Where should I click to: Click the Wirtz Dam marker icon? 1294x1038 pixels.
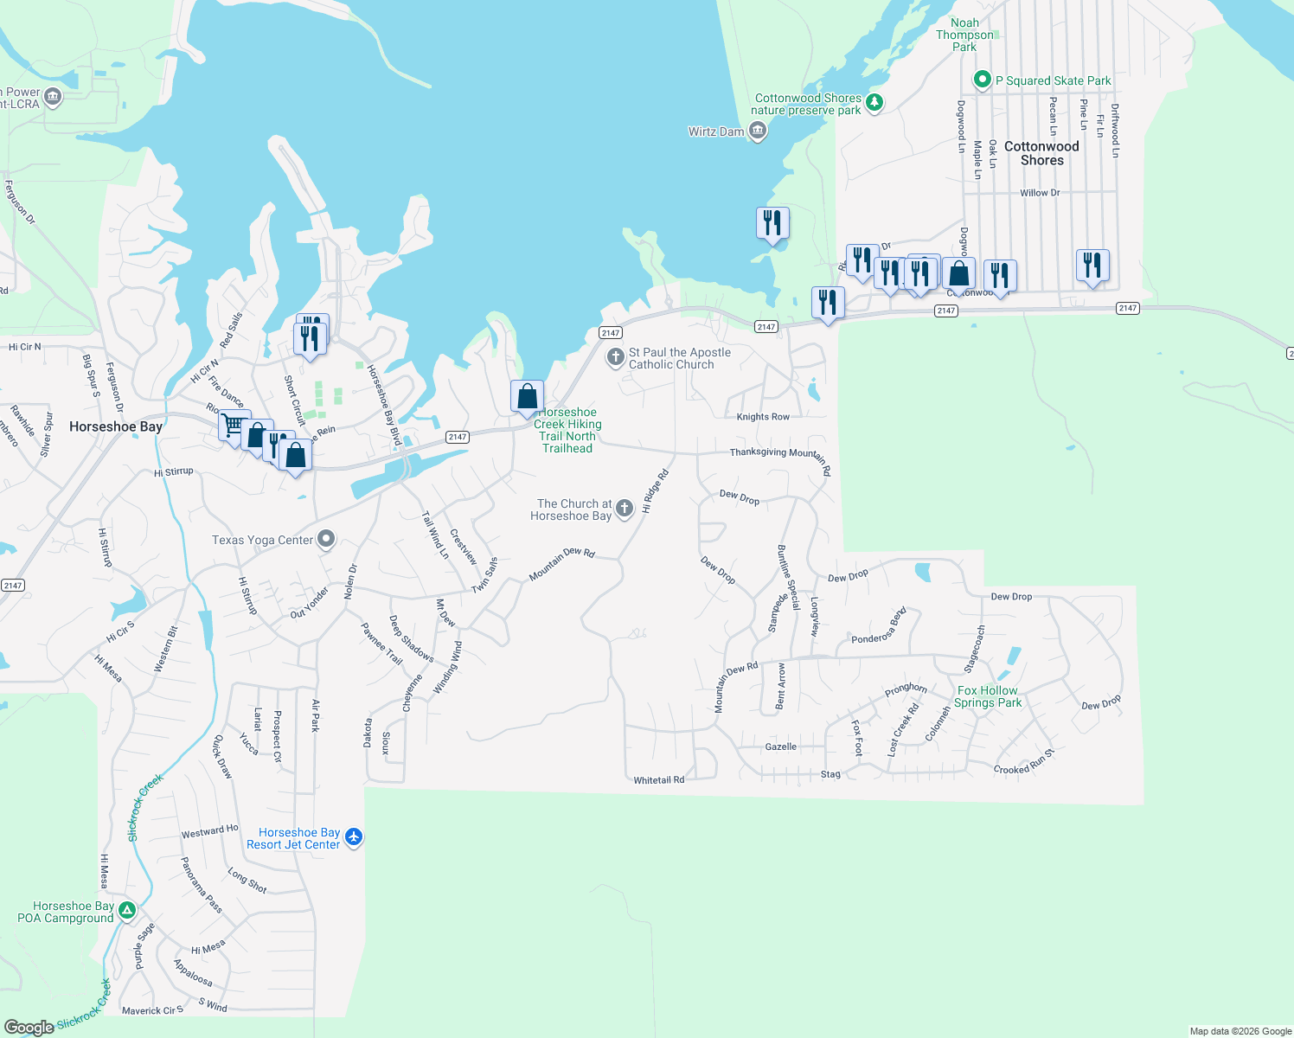[x=758, y=131]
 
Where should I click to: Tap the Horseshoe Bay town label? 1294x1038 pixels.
[x=116, y=426]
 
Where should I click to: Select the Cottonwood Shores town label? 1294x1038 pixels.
[x=1041, y=153]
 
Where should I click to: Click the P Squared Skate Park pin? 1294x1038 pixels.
[x=982, y=80]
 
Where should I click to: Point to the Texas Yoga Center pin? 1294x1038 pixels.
[x=326, y=540]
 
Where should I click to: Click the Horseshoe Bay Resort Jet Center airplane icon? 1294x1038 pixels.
[x=353, y=837]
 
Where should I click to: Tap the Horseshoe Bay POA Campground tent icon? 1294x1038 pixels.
[x=127, y=910]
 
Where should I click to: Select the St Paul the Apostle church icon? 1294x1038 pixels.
[x=615, y=357]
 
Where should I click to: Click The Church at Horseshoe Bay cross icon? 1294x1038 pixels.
[x=625, y=509]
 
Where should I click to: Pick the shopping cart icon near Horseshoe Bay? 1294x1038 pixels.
[x=232, y=425]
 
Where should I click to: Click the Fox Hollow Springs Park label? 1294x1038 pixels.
[x=988, y=696]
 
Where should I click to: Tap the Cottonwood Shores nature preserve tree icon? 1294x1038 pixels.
[x=874, y=103]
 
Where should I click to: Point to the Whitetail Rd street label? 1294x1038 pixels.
[x=658, y=780]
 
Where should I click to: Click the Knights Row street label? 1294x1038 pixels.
[x=763, y=417]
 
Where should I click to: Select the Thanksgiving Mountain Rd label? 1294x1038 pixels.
[x=778, y=455]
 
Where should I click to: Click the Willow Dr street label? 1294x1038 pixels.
[x=1040, y=193]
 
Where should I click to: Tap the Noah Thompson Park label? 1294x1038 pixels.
[x=964, y=35]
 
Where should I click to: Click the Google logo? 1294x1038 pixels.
[x=29, y=1027]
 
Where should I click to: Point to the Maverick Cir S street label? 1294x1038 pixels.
[x=152, y=1010]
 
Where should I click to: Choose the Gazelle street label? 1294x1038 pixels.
[x=781, y=746]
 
